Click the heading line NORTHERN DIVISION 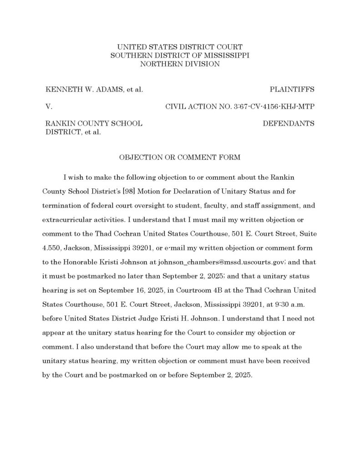pos(180,64)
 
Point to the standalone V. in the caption pos(49,107)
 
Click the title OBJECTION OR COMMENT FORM pos(180,157)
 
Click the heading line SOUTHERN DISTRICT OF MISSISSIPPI pos(180,55)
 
